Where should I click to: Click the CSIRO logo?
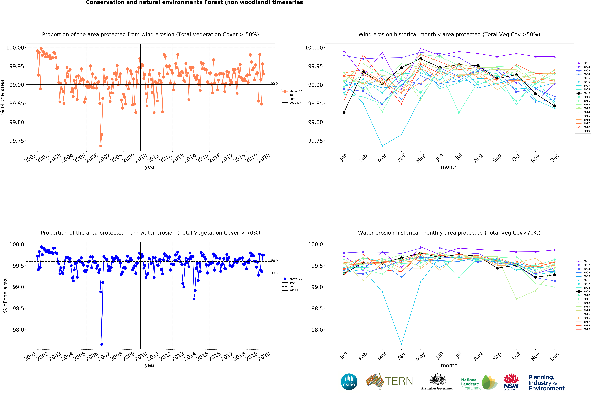click(349, 382)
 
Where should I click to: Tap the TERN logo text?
click(399, 381)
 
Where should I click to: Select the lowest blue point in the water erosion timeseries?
click(102, 344)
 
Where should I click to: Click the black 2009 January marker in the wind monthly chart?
click(344, 112)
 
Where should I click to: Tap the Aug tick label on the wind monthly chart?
click(478, 158)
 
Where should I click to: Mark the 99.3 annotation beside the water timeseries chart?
click(274, 273)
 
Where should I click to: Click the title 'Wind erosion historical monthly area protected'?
click(449, 34)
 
